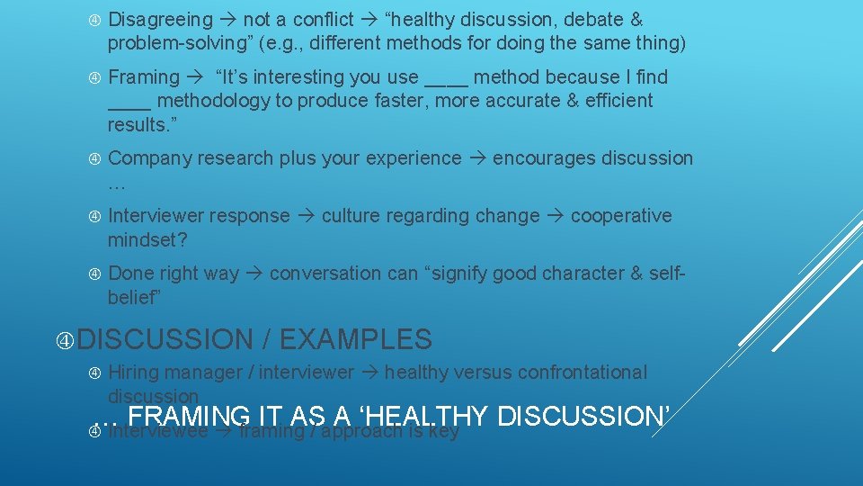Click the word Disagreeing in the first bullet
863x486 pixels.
pos(160,20)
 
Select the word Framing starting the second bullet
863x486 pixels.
pos(144,77)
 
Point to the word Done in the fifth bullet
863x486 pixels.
pos(129,274)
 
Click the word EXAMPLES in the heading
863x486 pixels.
pos(356,340)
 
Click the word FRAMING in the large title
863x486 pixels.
pos(190,417)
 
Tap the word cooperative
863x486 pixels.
pos(621,216)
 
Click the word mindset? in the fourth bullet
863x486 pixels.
pos(147,239)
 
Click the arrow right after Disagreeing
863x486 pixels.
pos(228,20)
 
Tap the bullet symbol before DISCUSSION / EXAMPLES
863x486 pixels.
pos(66,340)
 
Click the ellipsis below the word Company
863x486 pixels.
pos(117,183)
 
